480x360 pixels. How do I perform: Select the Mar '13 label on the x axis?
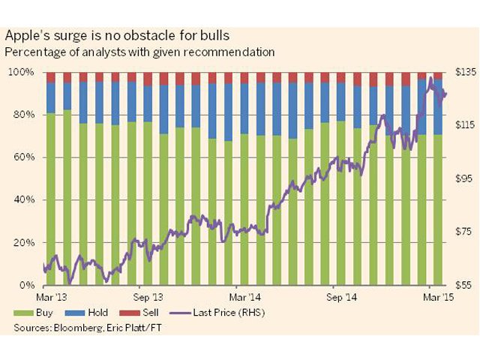point(56,297)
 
